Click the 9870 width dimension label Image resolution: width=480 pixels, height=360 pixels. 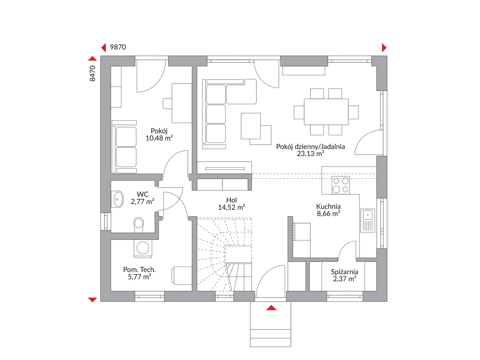(x=118, y=47)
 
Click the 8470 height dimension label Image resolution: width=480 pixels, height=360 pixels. (x=93, y=73)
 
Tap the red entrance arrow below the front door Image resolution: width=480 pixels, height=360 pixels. (x=271, y=308)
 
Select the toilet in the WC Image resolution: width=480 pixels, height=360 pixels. (x=139, y=225)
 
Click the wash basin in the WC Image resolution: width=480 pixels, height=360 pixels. (x=117, y=199)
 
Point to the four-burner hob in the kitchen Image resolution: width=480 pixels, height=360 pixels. (x=341, y=185)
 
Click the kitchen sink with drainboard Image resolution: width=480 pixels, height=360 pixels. (x=368, y=220)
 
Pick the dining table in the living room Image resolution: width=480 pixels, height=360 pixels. (x=326, y=112)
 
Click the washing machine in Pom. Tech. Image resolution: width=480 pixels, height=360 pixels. (x=143, y=248)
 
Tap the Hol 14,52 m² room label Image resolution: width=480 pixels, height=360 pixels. (x=231, y=204)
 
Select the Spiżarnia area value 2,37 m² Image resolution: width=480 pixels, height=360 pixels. (x=345, y=279)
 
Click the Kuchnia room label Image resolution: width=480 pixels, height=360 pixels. (x=329, y=206)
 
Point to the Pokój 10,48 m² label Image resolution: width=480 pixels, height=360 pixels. (x=159, y=134)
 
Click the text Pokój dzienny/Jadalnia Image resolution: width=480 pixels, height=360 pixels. (x=311, y=147)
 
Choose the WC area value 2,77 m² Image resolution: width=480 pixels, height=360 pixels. (x=143, y=201)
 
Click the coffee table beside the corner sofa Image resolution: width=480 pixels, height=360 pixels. (x=250, y=126)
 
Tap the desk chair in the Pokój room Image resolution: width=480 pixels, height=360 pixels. (x=167, y=103)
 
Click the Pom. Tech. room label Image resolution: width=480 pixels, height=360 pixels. (x=139, y=270)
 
